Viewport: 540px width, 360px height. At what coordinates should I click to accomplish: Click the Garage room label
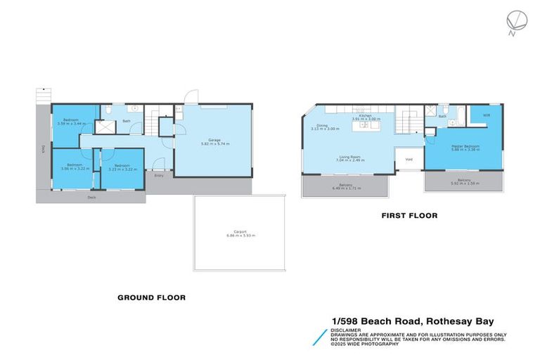pos(214,140)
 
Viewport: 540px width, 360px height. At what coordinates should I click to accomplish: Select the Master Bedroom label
pos(465,146)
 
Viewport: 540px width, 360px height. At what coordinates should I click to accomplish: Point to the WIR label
pos(486,115)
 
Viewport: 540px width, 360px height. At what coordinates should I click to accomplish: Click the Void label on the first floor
pos(409,160)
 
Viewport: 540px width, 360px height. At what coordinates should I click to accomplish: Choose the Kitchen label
pos(366,116)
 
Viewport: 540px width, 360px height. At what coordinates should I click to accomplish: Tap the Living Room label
pos(349,157)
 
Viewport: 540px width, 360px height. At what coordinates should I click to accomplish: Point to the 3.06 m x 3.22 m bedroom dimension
pos(72,169)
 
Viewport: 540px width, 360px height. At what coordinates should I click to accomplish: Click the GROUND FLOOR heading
pos(151,297)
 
